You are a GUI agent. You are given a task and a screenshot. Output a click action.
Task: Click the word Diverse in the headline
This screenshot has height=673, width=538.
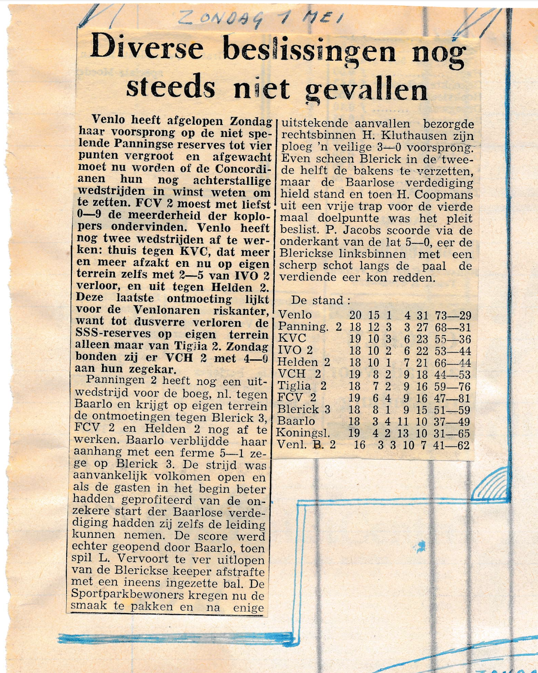point(147,48)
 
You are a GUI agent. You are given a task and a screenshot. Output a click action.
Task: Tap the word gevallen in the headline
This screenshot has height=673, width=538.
point(366,90)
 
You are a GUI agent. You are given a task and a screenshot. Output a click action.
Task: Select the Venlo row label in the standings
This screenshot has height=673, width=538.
point(295,315)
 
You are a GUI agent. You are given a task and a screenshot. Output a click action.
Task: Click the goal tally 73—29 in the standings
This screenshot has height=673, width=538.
point(453,315)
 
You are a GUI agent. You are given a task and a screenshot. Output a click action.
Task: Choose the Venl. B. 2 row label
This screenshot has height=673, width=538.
point(306,445)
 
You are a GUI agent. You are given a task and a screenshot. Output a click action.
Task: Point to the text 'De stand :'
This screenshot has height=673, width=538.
point(321,300)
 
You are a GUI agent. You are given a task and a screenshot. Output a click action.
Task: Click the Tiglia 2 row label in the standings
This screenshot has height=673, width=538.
point(302,386)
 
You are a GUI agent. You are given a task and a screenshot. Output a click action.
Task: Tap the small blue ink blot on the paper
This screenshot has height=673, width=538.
point(421,546)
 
